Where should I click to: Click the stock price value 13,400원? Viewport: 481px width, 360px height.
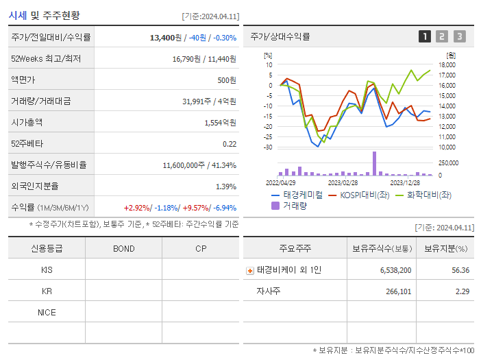(x=166, y=38)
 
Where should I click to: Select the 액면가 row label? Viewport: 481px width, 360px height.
(x=26, y=80)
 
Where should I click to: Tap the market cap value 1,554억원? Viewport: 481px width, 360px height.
(x=220, y=123)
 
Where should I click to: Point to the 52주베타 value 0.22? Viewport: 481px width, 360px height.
(x=230, y=144)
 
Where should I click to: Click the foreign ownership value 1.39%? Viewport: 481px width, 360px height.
(x=226, y=187)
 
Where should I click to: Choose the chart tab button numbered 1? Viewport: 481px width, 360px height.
(x=425, y=36)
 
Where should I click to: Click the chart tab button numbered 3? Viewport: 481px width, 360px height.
(x=459, y=36)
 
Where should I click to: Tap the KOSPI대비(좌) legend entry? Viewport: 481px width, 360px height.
(x=362, y=195)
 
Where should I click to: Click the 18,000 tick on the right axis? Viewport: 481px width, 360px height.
(x=447, y=65)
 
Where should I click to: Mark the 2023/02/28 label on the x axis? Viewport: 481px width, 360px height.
(x=343, y=183)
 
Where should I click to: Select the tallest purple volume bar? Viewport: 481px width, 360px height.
(x=374, y=163)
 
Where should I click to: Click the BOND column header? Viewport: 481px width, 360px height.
(x=123, y=248)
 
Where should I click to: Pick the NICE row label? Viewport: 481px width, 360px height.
(x=47, y=312)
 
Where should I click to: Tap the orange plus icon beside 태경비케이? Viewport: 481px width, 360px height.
(x=250, y=271)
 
